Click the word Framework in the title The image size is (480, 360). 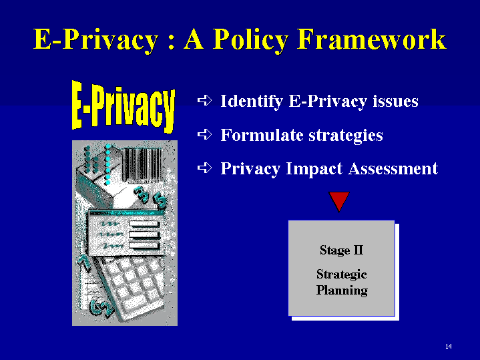372,39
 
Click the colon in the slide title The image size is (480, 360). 172,43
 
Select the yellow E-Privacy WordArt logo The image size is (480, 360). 124,107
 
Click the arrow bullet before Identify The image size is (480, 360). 204,100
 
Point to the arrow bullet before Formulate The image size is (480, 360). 204,134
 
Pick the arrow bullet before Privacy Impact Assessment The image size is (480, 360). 204,168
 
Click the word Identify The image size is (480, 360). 251,102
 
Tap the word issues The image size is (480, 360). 395,101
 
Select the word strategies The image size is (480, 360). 346,136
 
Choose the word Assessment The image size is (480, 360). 393,168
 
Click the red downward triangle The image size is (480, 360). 339,200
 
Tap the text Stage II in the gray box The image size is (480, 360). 341,250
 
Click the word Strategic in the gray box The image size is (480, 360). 341,275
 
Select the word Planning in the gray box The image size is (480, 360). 342,291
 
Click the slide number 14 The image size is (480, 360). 449,346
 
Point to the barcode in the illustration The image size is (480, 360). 142,165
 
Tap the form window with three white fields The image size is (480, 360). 126,234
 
